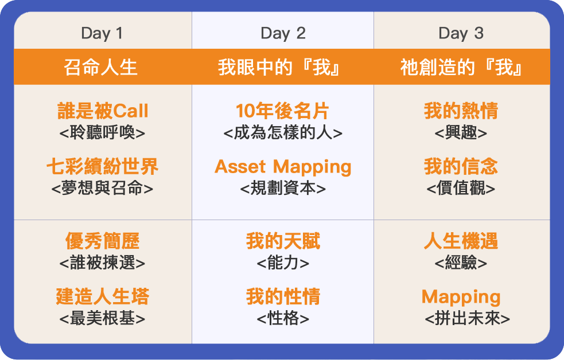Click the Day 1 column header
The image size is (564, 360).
click(x=102, y=33)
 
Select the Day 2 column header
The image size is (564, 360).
click(x=283, y=33)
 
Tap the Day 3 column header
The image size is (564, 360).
click(x=461, y=33)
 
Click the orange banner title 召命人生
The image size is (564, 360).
click(x=101, y=67)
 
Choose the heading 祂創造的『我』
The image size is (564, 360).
click(x=461, y=67)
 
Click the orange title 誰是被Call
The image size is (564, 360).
click(x=103, y=111)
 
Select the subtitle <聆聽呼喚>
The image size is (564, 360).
click(x=102, y=132)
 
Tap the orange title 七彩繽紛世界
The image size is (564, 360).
click(x=103, y=166)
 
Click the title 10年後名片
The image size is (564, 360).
click(x=283, y=111)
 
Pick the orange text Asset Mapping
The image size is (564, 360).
click(x=283, y=167)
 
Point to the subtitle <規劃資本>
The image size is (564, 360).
click(x=283, y=188)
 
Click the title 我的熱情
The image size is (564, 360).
click(x=461, y=111)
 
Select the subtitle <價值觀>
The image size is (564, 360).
click(x=461, y=188)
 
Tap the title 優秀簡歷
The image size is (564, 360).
click(x=103, y=241)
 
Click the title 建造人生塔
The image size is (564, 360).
click(x=103, y=296)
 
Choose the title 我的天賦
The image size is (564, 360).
click(x=283, y=241)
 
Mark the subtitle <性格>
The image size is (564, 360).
click(x=283, y=318)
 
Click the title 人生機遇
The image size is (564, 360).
click(x=461, y=241)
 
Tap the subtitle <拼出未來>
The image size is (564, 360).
click(x=467, y=318)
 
